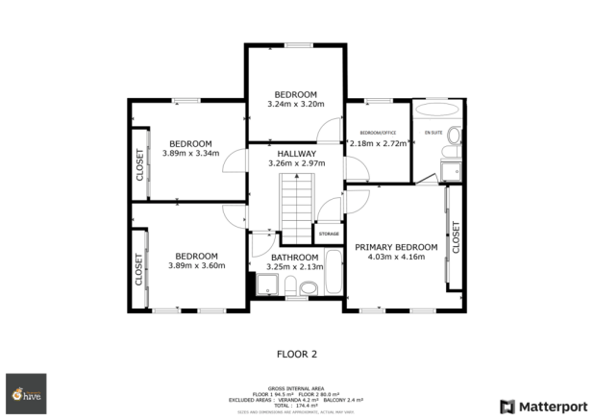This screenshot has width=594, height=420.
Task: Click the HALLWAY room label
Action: point(296,154)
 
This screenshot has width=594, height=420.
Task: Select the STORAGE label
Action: point(329,234)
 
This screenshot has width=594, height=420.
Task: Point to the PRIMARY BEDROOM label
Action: point(396,247)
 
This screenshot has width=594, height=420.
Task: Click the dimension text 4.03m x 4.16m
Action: point(396,258)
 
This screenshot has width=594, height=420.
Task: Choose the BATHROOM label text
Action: point(294,257)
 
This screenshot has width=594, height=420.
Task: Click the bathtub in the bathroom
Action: point(334,274)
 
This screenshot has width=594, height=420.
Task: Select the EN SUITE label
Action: point(433,132)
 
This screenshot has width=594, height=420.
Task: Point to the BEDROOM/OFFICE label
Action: point(378,132)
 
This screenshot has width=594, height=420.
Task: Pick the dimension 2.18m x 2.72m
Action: point(378,143)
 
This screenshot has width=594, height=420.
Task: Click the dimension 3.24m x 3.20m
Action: point(296,104)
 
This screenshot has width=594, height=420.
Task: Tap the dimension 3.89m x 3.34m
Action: point(190,153)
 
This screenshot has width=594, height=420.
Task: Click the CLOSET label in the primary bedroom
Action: point(456,237)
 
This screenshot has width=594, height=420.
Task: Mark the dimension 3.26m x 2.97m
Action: point(296,164)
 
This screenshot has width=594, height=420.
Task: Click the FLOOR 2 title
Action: point(297,353)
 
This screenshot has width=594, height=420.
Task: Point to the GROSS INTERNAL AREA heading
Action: point(296,382)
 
